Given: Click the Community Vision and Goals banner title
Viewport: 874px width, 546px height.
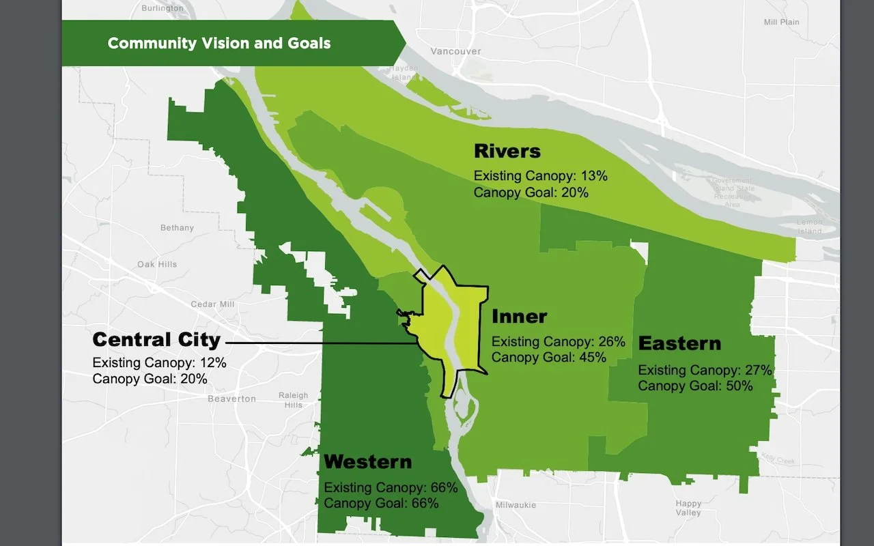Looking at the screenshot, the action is (219, 44).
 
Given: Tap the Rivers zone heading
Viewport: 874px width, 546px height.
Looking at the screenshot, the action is (507, 151).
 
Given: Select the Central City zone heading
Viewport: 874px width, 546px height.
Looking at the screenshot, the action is (156, 339).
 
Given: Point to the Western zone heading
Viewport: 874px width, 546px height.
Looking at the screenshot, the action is (367, 462).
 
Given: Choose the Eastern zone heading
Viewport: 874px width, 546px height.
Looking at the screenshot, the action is (679, 343).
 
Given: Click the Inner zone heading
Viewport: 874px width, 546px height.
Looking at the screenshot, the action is (519, 317).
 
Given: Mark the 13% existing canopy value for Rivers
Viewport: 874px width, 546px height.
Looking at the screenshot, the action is (595, 176).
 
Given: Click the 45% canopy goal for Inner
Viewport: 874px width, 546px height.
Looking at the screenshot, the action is (593, 358).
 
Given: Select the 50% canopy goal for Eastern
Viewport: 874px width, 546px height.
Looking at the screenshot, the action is (739, 386).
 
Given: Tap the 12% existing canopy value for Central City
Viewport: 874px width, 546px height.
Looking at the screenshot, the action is (212, 363).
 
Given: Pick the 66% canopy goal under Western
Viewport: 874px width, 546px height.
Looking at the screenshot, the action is (425, 504).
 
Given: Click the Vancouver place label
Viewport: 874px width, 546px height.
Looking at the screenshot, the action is (455, 51).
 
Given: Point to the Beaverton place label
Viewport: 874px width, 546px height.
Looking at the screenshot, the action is (231, 399).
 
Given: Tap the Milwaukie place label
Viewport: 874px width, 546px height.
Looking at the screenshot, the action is (516, 505).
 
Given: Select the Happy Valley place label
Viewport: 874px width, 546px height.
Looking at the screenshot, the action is (688, 508).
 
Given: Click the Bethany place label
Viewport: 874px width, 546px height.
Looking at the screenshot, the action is (177, 228).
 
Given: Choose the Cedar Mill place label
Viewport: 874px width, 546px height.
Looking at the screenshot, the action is (213, 304).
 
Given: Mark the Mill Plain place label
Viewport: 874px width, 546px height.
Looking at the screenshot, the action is (781, 23).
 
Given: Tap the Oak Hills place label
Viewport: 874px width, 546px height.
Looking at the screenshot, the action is (157, 265).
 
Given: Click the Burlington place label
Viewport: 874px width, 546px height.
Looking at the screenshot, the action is (162, 8).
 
